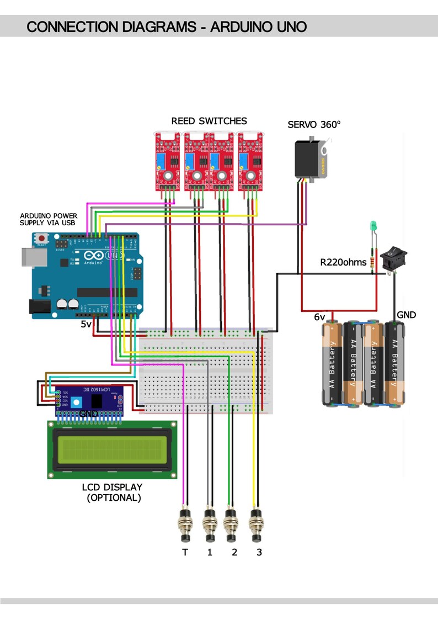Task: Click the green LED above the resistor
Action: (372, 226)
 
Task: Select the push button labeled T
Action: (185, 524)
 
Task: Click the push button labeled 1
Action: (210, 524)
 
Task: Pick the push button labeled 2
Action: (231, 524)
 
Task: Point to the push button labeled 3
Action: (255, 524)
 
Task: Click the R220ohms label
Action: (343, 262)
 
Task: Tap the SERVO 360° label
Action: (314, 125)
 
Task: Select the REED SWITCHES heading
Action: (209, 121)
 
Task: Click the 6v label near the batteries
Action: (319, 317)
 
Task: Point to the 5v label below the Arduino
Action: (86, 325)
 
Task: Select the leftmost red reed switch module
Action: (166, 163)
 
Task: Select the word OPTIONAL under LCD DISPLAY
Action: (114, 497)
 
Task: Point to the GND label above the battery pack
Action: (406, 315)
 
